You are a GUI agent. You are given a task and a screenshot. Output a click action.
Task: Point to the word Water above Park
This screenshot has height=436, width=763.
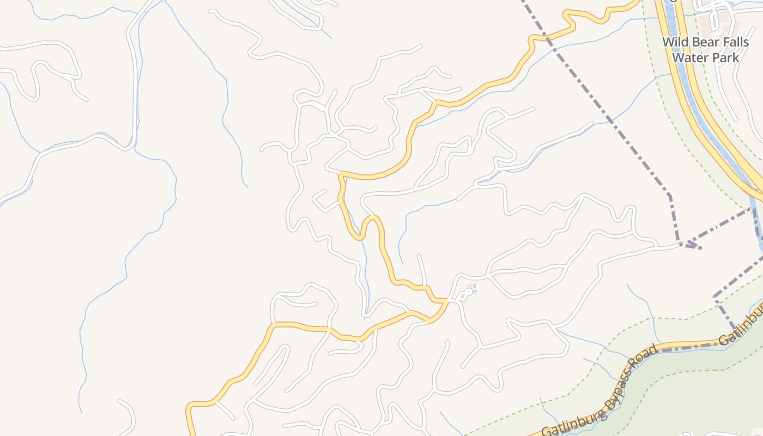[691, 57]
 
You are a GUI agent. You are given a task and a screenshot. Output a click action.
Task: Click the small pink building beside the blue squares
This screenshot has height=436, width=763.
[468, 286]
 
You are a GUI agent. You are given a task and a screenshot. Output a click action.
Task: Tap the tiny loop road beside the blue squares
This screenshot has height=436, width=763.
[465, 295]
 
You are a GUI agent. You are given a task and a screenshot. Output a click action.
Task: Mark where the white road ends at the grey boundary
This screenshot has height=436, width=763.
[680, 244]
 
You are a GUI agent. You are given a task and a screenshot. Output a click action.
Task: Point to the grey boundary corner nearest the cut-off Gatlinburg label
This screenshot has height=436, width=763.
[714, 297]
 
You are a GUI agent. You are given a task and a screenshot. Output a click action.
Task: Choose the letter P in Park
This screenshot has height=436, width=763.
[717, 57]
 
